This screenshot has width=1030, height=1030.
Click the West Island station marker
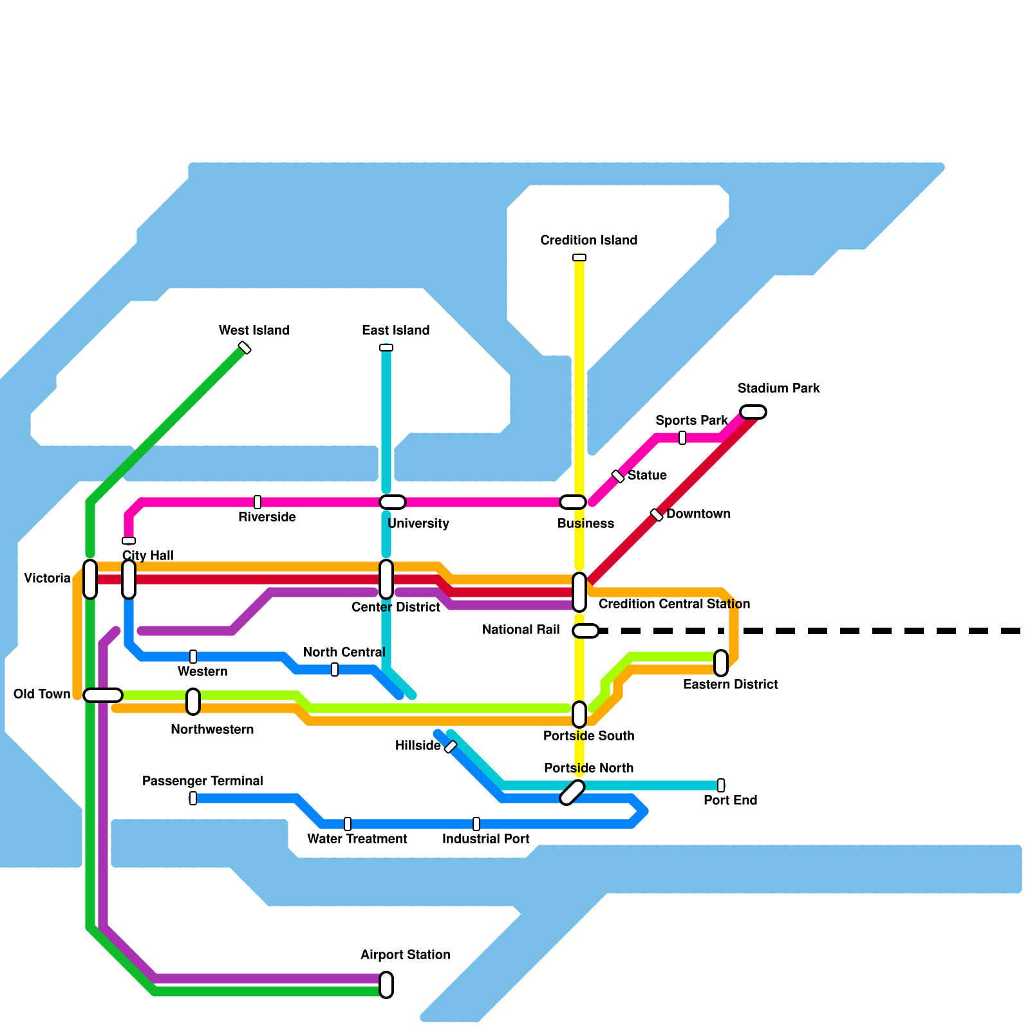pyautogui.click(x=245, y=348)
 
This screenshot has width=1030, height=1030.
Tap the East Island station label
pyautogui.click(x=395, y=331)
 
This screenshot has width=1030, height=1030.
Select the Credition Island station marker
pyautogui.click(x=579, y=257)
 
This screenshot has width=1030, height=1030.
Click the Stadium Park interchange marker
pyautogui.click(x=753, y=412)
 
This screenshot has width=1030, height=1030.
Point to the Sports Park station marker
pyautogui.click(x=682, y=438)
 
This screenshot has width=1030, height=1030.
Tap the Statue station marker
pyautogui.click(x=618, y=476)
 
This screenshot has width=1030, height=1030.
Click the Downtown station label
pyautogui.click(x=698, y=514)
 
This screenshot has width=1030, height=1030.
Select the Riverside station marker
pyautogui.click(x=257, y=502)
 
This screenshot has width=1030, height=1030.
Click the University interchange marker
pyautogui.click(x=393, y=502)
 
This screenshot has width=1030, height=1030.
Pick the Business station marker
pyautogui.click(x=573, y=502)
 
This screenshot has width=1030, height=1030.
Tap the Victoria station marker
pyautogui.click(x=90, y=579)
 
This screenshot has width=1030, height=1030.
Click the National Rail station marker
pyautogui.click(x=586, y=631)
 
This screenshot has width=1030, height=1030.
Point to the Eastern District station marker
pyautogui.click(x=721, y=663)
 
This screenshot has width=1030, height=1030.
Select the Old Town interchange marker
pyautogui.click(x=103, y=695)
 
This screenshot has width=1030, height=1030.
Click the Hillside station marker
pyautogui.click(x=451, y=747)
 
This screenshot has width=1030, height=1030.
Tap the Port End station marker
pyautogui.click(x=721, y=785)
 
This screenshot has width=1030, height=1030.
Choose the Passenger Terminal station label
pyautogui.click(x=203, y=782)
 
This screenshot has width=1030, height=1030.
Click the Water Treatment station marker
pyautogui.click(x=348, y=824)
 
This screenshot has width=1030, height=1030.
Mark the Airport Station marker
pyautogui.click(x=386, y=985)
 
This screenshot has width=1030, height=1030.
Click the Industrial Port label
pyautogui.click(x=486, y=839)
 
